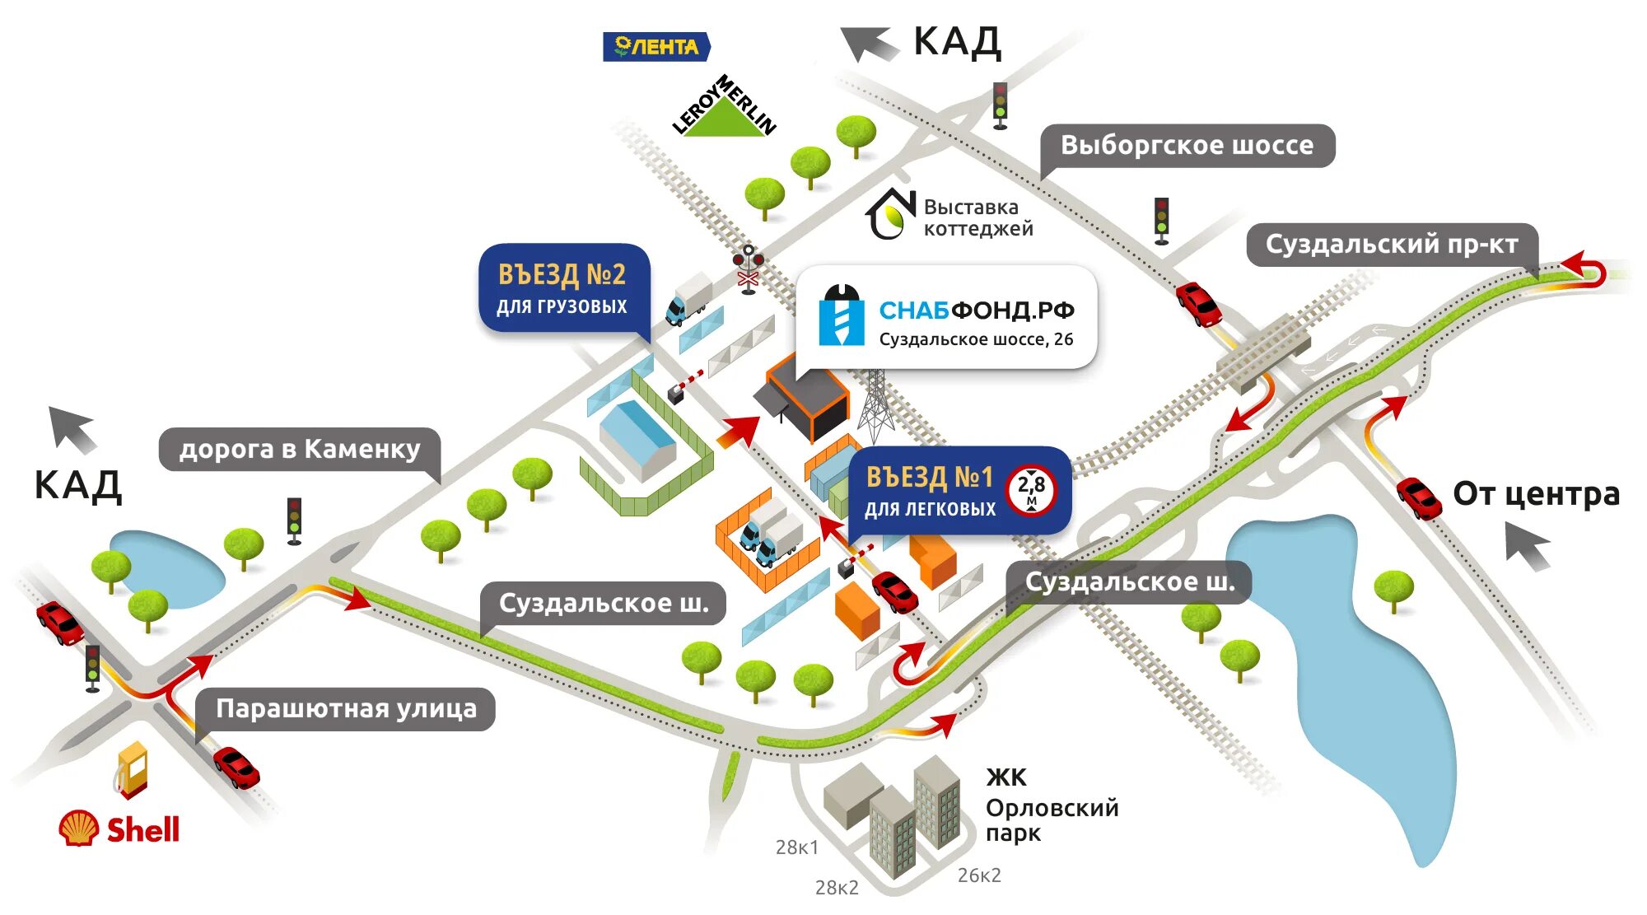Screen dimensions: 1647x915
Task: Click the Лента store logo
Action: pos(656,47)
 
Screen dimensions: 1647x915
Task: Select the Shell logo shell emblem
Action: pos(79,828)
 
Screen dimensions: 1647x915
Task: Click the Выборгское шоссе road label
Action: pos(1187,146)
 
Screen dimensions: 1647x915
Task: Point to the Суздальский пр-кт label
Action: pos(1391,245)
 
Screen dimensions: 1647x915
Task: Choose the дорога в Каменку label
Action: pos(300,449)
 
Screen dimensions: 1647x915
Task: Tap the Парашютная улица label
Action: pos(346,709)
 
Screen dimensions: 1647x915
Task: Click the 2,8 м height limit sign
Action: pos(1031,491)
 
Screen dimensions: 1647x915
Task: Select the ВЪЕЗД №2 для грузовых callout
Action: pos(563,288)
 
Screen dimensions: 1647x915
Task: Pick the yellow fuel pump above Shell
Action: pos(133,768)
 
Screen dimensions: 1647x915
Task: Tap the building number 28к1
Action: pos(796,847)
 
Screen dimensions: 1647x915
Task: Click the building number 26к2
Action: pos(979,875)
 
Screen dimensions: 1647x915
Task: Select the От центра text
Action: pos(1536,493)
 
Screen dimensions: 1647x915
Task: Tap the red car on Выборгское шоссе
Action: pos(1197,303)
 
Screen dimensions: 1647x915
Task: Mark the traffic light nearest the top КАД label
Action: pos(1000,105)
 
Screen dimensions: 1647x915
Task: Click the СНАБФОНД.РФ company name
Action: pos(976,310)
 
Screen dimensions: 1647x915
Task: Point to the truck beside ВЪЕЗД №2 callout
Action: pos(688,299)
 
